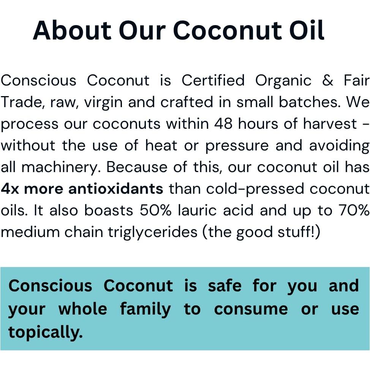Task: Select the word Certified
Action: (213, 81)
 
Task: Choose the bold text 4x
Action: (10, 189)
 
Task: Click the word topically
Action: (45, 332)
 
